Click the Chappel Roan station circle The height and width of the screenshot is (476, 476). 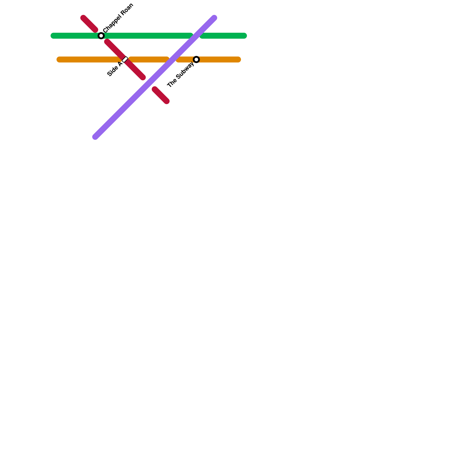click(101, 36)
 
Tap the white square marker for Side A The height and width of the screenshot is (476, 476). click(125, 59)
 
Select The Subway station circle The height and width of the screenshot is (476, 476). click(196, 59)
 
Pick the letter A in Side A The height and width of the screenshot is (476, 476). click(120, 64)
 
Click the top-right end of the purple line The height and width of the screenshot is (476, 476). click(214, 18)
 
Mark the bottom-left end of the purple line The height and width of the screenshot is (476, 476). click(95, 137)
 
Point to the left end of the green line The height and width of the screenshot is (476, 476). click(53, 36)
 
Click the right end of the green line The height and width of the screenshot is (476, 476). click(245, 36)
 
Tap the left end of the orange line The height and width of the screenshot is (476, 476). click(59, 59)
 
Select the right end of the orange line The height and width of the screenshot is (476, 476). click(239, 59)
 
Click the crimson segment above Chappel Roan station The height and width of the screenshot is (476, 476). click(89, 24)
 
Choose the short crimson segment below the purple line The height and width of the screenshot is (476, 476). click(161, 95)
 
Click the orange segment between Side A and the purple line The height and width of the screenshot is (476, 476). click(149, 59)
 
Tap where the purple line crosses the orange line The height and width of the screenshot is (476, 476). click(173, 59)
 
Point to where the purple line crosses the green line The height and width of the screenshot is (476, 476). click(196, 36)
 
